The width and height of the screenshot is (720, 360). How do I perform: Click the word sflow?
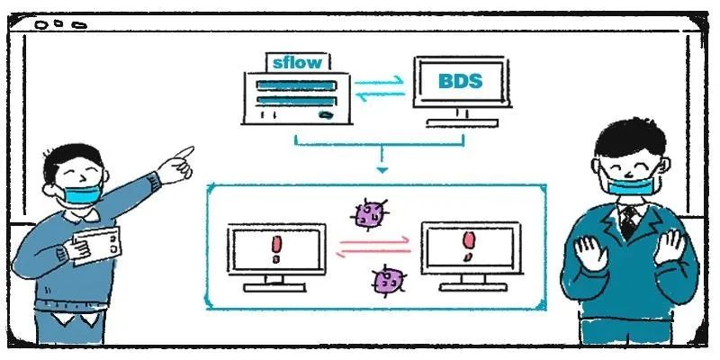(296, 62)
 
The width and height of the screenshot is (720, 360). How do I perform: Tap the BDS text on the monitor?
(460, 81)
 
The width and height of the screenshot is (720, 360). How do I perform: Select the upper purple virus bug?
(368, 214)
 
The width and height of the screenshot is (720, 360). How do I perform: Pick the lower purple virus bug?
(387, 280)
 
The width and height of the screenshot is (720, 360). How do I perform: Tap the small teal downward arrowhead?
(382, 169)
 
